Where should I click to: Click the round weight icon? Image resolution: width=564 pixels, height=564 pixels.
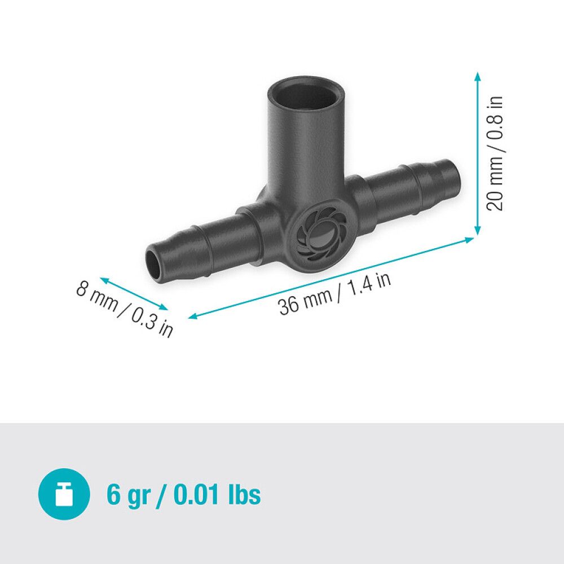click(64, 494)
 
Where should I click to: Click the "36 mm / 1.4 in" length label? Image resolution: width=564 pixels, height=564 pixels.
click(334, 294)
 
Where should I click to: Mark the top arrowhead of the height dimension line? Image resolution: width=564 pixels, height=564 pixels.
click(478, 76)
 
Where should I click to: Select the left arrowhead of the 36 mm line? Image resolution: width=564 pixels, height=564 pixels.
click(192, 318)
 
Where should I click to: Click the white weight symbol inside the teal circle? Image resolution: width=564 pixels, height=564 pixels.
click(64, 495)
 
